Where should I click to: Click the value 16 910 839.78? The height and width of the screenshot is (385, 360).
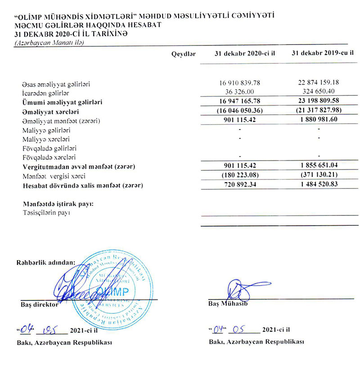239,84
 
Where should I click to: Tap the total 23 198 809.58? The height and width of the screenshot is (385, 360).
318,102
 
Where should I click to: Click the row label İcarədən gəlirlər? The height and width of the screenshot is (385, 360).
45,93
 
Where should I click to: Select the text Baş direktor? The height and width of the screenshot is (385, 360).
40,304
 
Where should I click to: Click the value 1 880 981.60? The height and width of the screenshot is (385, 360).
318,121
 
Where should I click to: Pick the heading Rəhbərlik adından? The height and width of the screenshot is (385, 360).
46,262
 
